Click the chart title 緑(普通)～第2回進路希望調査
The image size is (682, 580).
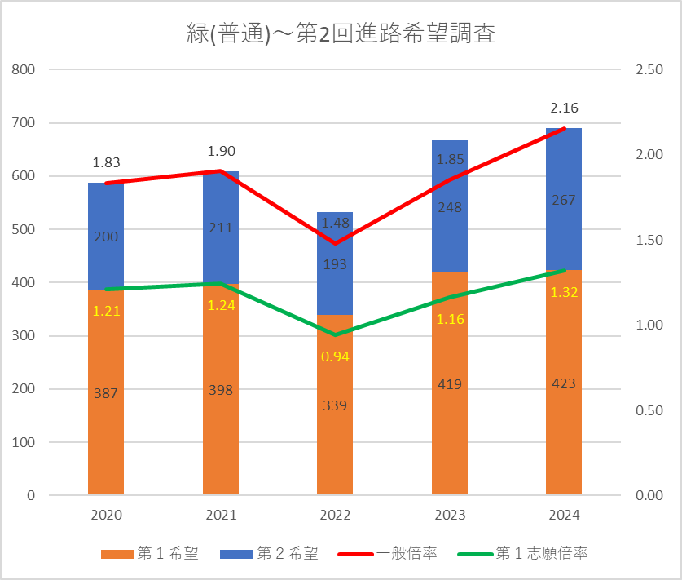[x=340, y=35]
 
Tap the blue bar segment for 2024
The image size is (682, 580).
[x=564, y=237]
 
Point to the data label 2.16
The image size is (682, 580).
[x=564, y=108]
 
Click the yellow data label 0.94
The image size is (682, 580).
[x=335, y=356]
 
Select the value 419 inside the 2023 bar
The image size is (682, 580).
[x=449, y=384]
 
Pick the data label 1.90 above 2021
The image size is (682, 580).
[x=221, y=151]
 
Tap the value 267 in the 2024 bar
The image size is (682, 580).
[x=564, y=200]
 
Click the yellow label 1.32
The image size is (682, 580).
[x=564, y=293]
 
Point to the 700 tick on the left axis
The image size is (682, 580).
[x=24, y=123]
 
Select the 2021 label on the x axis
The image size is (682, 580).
[x=221, y=516]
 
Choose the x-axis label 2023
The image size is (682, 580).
[x=449, y=516]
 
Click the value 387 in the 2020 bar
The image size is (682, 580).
[x=106, y=393]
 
